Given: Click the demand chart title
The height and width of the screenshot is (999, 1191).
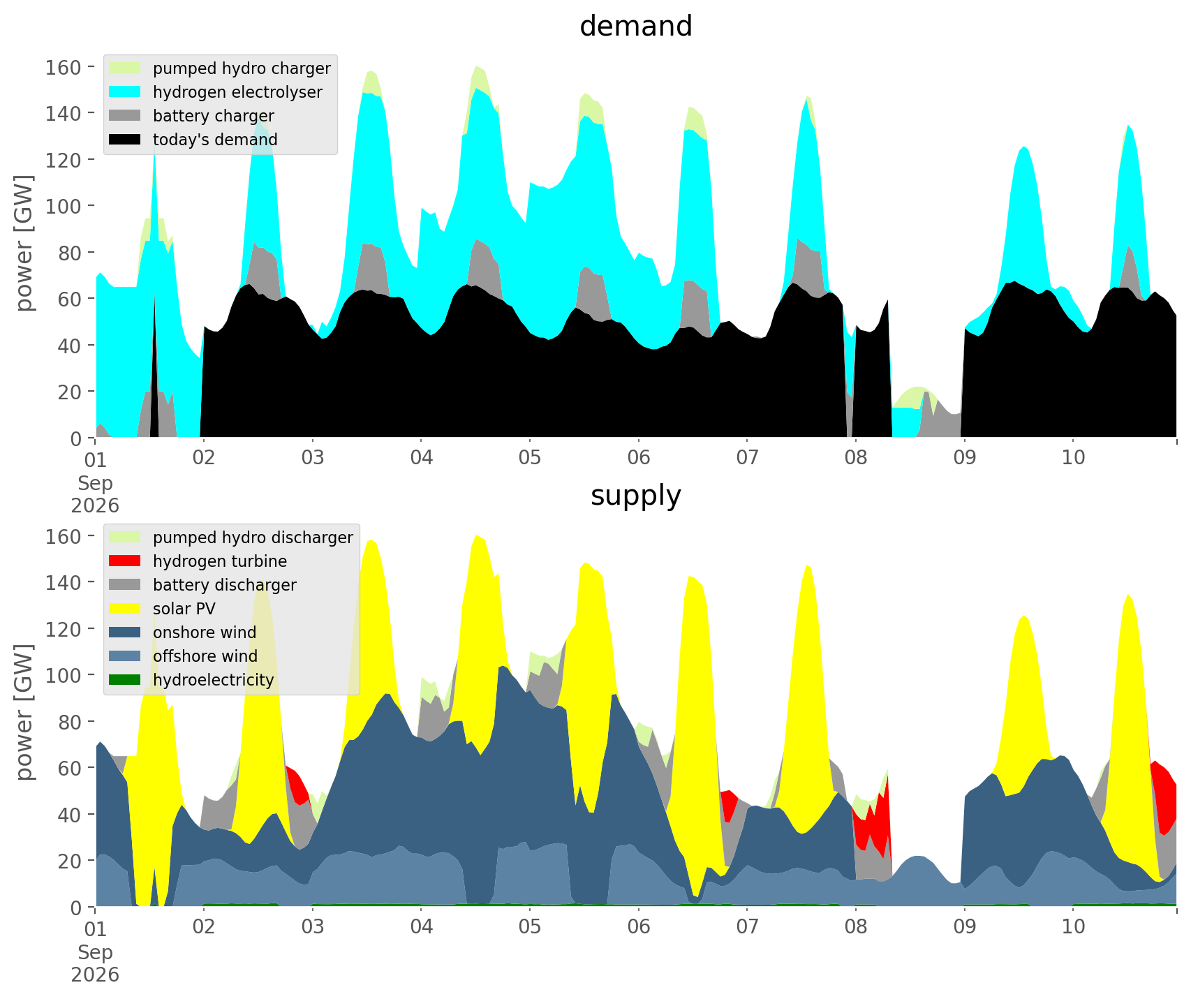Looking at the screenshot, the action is tap(636, 27).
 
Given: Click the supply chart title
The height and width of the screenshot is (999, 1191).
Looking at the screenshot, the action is tap(636, 496).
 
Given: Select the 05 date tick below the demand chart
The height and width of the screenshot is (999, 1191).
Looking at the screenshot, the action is tap(530, 458).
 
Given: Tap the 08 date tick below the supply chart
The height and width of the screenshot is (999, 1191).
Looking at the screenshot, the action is tap(856, 927).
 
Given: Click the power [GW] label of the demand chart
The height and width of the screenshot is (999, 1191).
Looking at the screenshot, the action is tap(25, 243).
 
